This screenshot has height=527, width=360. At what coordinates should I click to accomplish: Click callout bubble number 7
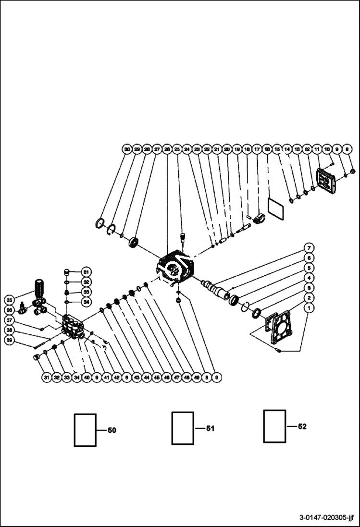click(310, 247)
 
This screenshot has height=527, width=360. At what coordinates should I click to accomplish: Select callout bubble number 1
click(310, 308)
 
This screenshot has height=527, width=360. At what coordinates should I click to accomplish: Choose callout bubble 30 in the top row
click(127, 149)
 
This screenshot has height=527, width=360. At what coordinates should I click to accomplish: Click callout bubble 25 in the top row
click(177, 149)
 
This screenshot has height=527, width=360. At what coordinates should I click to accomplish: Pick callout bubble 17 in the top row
click(257, 149)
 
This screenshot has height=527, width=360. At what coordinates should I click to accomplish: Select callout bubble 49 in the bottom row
click(197, 378)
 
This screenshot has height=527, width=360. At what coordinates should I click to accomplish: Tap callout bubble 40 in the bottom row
click(87, 378)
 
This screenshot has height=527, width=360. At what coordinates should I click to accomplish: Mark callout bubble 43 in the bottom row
click(137, 378)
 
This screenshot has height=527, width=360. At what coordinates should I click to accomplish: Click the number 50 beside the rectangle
click(112, 430)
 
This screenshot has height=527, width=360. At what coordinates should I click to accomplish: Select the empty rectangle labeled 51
click(183, 428)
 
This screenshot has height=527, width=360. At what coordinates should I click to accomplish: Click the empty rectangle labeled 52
click(274, 426)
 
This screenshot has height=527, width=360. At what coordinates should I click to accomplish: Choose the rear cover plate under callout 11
click(328, 182)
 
